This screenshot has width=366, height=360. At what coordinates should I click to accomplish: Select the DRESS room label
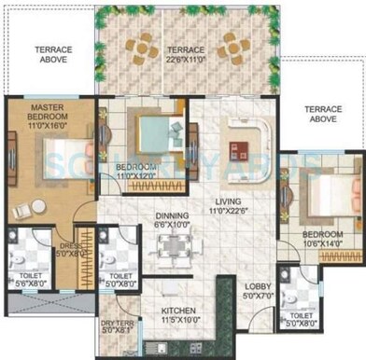pos(72,245)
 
